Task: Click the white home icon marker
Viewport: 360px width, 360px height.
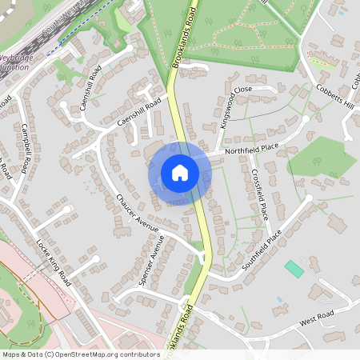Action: [180, 173]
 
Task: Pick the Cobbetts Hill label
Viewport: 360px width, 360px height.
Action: [334, 99]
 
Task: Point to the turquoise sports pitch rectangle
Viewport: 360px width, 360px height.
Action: [294, 269]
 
